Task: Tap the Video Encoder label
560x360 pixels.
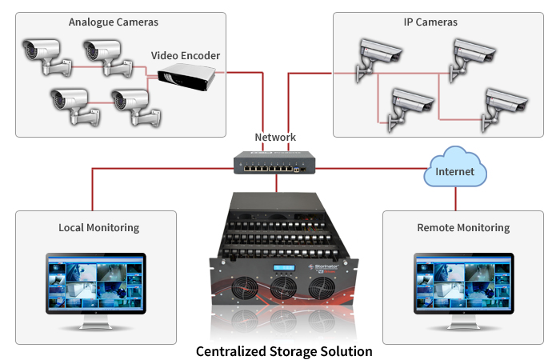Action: tap(186, 56)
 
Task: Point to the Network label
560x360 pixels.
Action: tap(275, 137)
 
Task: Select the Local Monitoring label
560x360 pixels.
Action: tap(98, 228)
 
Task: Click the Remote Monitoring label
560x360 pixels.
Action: tap(463, 228)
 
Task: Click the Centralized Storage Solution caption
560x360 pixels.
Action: tap(284, 351)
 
